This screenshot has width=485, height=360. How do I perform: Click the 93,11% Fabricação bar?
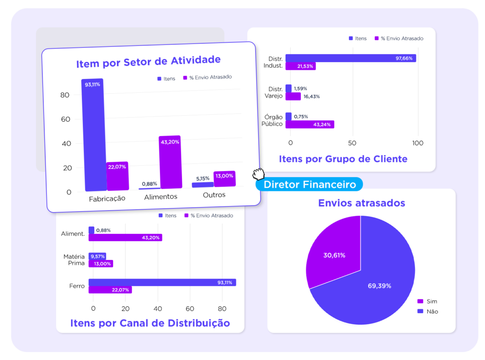pyautogui.click(x=92, y=135)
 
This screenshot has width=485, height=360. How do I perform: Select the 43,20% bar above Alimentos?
pyautogui.click(x=170, y=162)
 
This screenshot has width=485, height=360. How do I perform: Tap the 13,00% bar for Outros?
pyautogui.click(x=224, y=179)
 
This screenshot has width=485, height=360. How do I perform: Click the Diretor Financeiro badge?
pyautogui.click(x=309, y=184)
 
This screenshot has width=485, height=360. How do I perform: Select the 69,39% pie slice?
pyautogui.click(x=374, y=284)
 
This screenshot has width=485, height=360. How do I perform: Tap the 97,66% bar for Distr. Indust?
pyautogui.click(x=350, y=58)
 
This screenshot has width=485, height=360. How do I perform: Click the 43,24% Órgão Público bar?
pyautogui.click(x=310, y=124)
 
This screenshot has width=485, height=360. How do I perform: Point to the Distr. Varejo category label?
pyautogui.click(x=275, y=92)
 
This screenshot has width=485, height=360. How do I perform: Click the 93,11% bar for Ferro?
pyautogui.click(x=162, y=282)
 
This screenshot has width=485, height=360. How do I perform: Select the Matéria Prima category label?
pyautogui.click(x=74, y=260)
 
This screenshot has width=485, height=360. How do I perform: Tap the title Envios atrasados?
pyautogui.click(x=361, y=203)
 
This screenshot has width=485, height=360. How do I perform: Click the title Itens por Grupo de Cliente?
pyautogui.click(x=343, y=159)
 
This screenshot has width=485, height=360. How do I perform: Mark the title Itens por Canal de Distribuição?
pyautogui.click(x=150, y=323)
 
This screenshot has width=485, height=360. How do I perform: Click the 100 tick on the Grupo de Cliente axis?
pyautogui.click(x=417, y=143)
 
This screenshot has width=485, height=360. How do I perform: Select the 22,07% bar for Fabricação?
pyautogui.click(x=117, y=176)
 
